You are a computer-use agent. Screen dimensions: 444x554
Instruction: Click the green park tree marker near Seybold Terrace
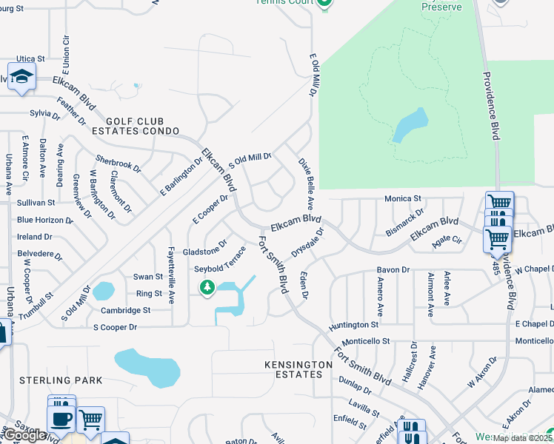(x=207, y=287)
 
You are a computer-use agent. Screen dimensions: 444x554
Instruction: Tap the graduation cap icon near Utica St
(x=21, y=75)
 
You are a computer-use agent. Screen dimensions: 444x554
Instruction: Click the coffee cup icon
(x=61, y=418)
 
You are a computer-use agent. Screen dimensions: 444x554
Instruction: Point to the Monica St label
(x=402, y=199)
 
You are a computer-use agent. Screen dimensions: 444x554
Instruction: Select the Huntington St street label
(x=354, y=325)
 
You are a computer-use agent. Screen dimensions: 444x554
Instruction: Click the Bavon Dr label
(x=393, y=270)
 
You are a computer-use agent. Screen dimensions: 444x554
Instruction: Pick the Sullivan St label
(x=36, y=202)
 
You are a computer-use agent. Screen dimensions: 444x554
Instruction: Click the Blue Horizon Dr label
(x=45, y=220)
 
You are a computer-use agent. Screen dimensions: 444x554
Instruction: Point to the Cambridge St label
(x=126, y=311)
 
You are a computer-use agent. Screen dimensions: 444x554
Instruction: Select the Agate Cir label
(x=447, y=240)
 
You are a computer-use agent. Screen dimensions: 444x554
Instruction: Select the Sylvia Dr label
(x=44, y=114)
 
